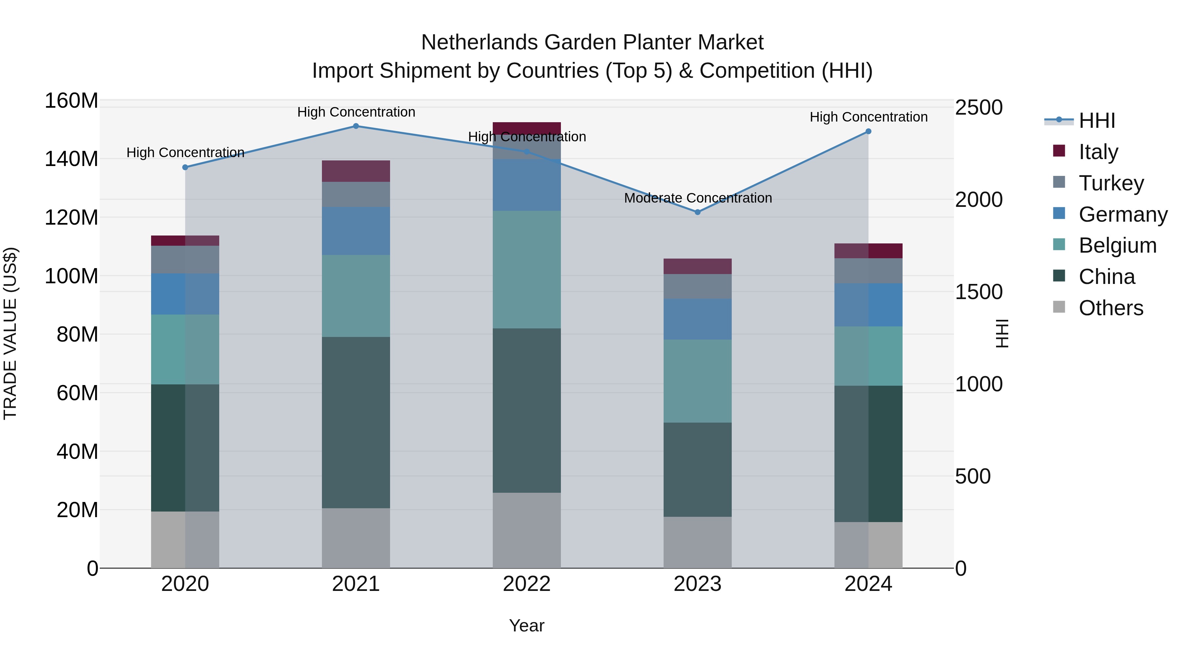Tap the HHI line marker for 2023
pyautogui.click(x=698, y=212)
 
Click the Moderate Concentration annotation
pyautogui.click(x=698, y=198)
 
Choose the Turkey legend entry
pyautogui.click(x=1111, y=183)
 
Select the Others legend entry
pyautogui.click(x=1111, y=308)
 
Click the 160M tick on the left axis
pyautogui.click(x=71, y=100)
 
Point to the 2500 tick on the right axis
pyautogui.click(x=979, y=108)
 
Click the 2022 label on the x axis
pyautogui.click(x=526, y=584)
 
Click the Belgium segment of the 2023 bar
pyautogui.click(x=698, y=381)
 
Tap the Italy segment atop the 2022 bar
pyautogui.click(x=526, y=128)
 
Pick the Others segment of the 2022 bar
pyautogui.click(x=526, y=530)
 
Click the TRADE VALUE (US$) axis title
pyautogui.click(x=10, y=333)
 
